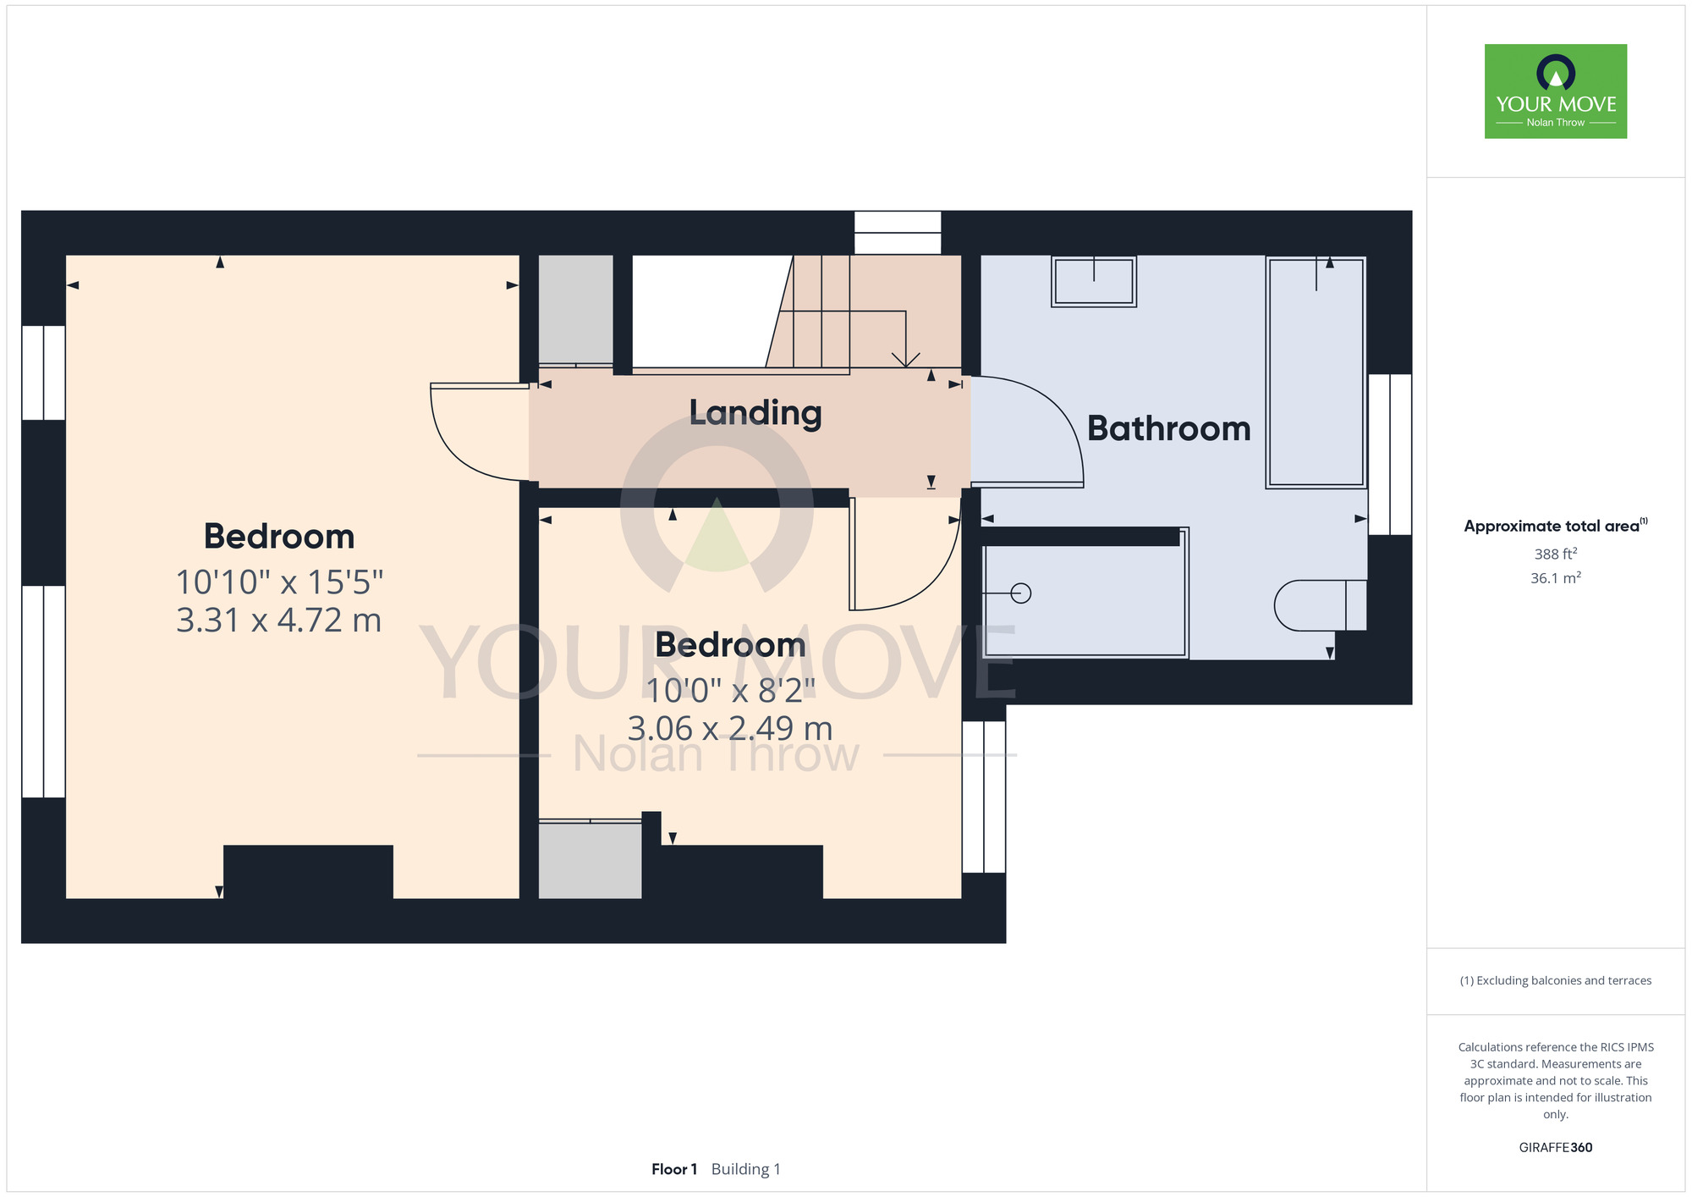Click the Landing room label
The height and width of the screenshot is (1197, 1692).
[755, 413]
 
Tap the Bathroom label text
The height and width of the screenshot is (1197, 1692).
[1168, 428]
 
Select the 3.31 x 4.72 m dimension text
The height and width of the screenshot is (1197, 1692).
[279, 621]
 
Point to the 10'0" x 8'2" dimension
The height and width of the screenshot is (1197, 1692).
[730, 691]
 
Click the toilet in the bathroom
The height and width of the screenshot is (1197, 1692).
[1320, 605]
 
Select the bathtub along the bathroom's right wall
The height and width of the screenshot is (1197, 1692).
[1316, 372]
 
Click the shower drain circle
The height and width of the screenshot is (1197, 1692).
[1021, 593]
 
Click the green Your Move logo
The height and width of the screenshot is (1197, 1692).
[1556, 91]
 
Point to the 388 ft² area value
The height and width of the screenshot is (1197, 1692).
[1556, 554]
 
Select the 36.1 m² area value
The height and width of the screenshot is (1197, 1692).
[1556, 578]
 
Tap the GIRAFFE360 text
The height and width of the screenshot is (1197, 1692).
[1556, 1148]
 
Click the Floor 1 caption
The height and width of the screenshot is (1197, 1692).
[674, 1169]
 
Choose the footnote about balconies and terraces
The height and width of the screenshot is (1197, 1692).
[1556, 980]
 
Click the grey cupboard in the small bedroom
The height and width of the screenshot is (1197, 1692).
[591, 860]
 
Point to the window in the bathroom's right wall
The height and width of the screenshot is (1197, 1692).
[1390, 455]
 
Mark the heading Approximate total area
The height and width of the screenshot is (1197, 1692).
[1556, 526]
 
